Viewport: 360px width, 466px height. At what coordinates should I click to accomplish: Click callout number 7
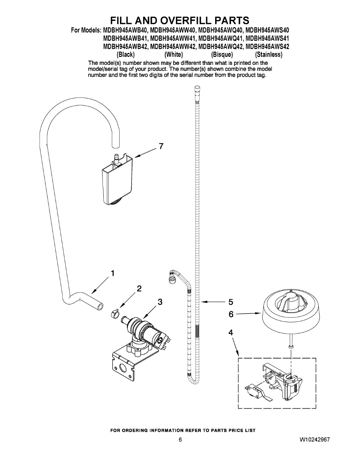coord(161,146)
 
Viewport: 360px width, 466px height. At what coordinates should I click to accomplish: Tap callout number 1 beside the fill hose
coord(113,273)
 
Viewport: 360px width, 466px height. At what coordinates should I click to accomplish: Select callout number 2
coord(139,288)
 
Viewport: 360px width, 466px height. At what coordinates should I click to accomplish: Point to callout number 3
coord(160,302)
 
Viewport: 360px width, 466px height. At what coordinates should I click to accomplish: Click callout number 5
coord(230,301)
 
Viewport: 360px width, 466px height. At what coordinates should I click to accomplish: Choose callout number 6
coord(231,314)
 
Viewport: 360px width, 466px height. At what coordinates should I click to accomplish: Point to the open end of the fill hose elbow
coord(101,307)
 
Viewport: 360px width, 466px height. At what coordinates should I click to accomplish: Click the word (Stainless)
coord(269,55)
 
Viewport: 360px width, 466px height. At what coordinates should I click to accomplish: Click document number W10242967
coord(315,440)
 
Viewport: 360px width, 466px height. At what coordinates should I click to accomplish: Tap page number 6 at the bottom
coord(180,440)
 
